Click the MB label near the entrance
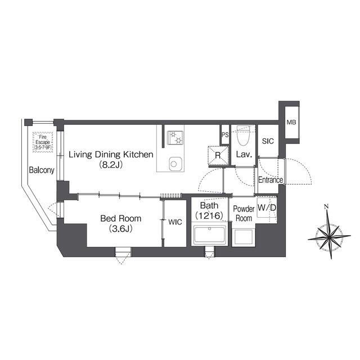(291, 123)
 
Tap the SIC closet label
(268, 141)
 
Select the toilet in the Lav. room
(243, 136)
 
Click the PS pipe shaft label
(225, 135)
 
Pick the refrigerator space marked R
(218, 155)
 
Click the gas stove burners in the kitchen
(175, 138)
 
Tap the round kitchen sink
(174, 164)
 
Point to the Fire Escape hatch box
(43, 142)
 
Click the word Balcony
(42, 170)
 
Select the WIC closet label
(175, 222)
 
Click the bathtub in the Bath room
(209, 235)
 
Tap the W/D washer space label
(267, 208)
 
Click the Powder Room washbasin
(244, 237)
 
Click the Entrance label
(271, 180)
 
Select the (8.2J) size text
(111, 165)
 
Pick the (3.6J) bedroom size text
(121, 229)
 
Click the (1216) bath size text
(209, 215)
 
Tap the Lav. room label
(244, 155)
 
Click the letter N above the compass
(326, 206)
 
